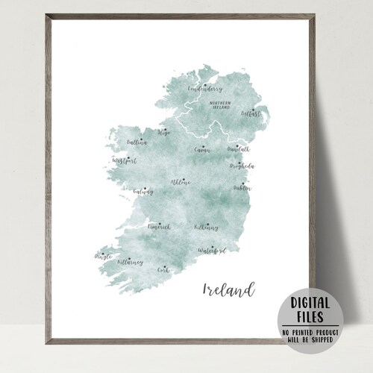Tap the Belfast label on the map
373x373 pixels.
pos(251,114)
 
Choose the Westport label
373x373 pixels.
pos(125,160)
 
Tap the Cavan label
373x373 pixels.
pos(202,150)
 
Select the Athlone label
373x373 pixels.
pos(181,182)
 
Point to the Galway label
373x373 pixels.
pos(143,192)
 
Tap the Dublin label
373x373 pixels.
pos(242,188)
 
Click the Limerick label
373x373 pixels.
pos(160,225)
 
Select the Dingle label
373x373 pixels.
pos(104,257)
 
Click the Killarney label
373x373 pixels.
pos(130,263)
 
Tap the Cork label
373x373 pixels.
pos(164,271)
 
